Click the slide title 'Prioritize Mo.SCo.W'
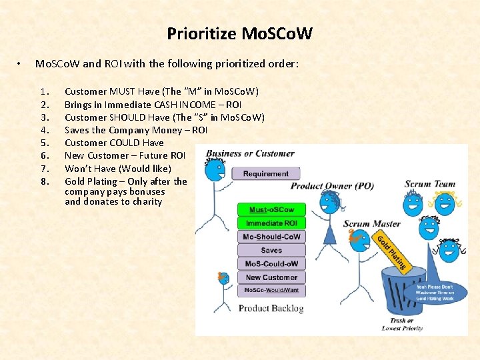click(x=239, y=33)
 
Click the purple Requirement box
click(x=265, y=173)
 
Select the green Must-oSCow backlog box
click(x=271, y=209)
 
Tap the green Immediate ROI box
click(x=271, y=223)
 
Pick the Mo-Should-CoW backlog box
click(x=271, y=237)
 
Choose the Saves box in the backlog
click(x=271, y=251)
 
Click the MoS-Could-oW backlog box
click(x=271, y=264)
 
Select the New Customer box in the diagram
click(x=271, y=277)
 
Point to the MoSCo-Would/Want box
click(x=271, y=290)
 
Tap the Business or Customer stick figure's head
click(x=215, y=171)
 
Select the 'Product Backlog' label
click(x=271, y=308)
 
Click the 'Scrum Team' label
click(x=430, y=184)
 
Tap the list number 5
click(x=43, y=143)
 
